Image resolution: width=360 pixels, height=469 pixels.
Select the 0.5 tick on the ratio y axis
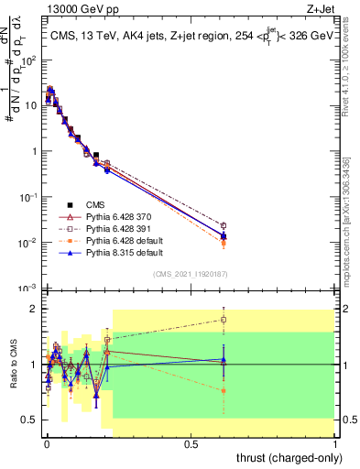pyautogui.click(x=30, y=420)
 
